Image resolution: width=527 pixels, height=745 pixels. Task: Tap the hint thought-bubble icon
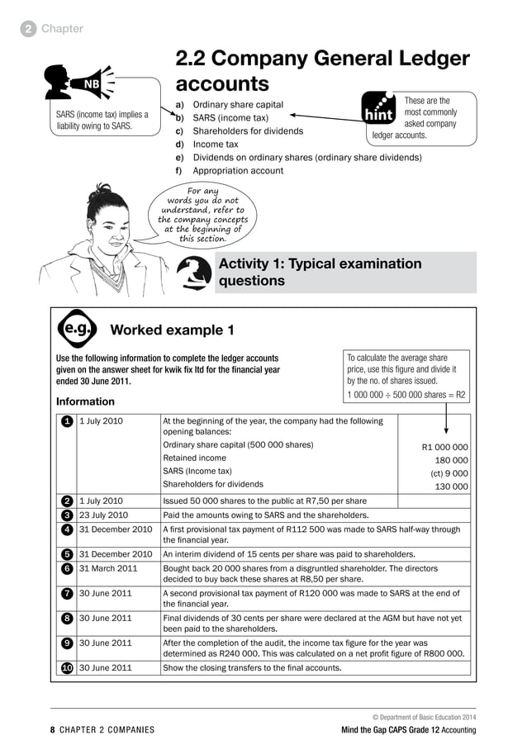[x=380, y=110]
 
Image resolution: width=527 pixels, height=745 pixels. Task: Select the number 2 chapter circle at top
[x=29, y=29]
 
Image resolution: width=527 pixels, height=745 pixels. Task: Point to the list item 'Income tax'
[x=215, y=145]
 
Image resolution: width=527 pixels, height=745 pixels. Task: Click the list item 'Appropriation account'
[x=238, y=171]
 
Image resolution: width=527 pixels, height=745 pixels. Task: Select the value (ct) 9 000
[x=449, y=473]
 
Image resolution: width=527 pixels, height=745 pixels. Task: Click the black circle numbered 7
[x=64, y=593]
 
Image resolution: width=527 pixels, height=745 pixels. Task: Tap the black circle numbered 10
[x=64, y=667]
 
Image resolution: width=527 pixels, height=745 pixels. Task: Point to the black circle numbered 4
[x=64, y=529]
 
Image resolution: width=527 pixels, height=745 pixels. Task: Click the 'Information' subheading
[x=85, y=401]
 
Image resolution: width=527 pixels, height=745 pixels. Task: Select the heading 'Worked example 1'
[x=172, y=330]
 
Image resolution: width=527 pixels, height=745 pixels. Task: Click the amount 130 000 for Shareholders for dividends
[x=451, y=486]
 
